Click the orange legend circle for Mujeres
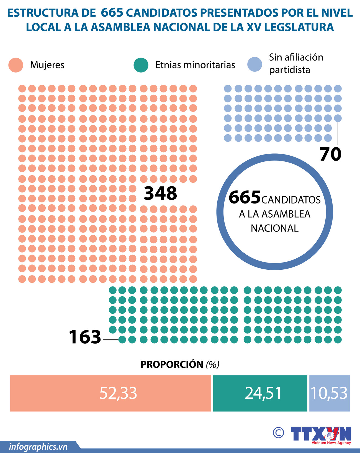click(x=16, y=65)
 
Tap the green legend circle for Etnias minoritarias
click(x=141, y=65)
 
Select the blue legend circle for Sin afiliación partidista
click(x=255, y=64)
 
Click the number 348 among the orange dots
click(x=160, y=193)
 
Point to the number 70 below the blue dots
click(x=330, y=154)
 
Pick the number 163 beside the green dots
click(x=85, y=337)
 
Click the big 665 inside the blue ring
click(x=245, y=197)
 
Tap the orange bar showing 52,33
click(x=110, y=393)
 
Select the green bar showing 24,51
click(x=260, y=393)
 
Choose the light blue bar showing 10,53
click(x=329, y=393)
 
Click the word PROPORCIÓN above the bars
click(x=172, y=364)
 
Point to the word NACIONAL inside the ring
click(x=274, y=228)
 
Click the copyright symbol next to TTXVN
click(x=278, y=432)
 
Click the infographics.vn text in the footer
click(x=38, y=447)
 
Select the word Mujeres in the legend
click(x=47, y=65)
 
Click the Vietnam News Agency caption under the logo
click(x=331, y=443)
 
